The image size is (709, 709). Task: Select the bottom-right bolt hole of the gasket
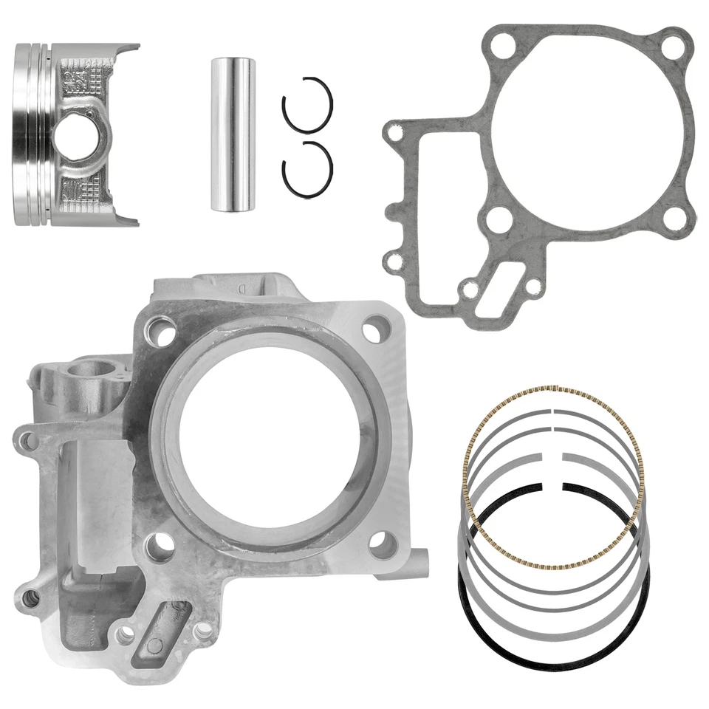(673, 217)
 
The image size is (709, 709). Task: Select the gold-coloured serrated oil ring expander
(552, 476)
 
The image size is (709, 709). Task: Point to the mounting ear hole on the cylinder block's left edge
(27, 442)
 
